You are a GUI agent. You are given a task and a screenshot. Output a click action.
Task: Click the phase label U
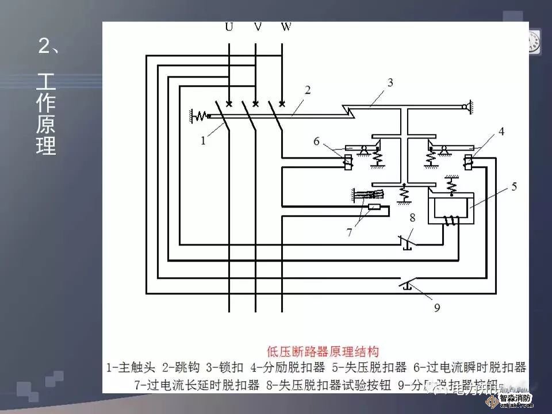tap(229, 28)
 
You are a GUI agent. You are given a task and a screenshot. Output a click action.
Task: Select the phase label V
tap(258, 28)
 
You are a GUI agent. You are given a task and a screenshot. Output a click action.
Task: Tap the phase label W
tap(286, 28)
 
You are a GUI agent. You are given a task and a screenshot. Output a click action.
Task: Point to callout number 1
tap(204, 140)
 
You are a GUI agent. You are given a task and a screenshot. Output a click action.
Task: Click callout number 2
tap(308, 90)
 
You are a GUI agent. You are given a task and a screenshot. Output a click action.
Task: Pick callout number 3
tap(390, 82)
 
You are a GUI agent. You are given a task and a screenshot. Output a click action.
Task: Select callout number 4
tap(501, 132)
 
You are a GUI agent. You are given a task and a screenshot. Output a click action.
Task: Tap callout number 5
tap(514, 186)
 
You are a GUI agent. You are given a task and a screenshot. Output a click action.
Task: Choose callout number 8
tap(411, 217)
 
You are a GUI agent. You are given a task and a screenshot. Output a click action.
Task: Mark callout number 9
tap(437, 308)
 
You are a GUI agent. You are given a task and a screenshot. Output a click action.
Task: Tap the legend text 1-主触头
tap(131, 367)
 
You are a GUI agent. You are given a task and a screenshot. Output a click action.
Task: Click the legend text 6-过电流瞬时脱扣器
tap(470, 367)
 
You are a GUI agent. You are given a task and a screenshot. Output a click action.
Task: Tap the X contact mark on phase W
tap(282, 103)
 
